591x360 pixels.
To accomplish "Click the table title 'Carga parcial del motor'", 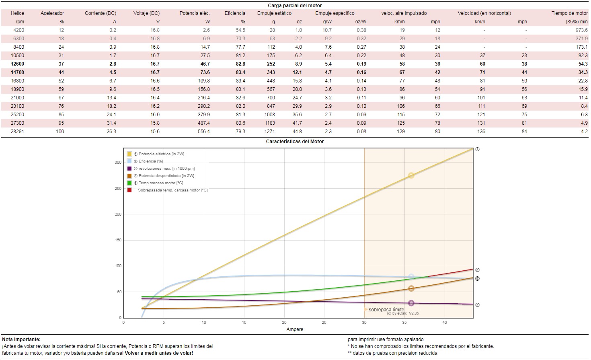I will [x=295, y=6].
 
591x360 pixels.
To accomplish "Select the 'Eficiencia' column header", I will [x=235, y=13].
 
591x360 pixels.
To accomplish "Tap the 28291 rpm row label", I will [x=17, y=132].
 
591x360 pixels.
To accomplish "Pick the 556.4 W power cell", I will [x=203, y=132].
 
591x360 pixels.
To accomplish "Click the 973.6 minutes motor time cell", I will [x=581, y=30].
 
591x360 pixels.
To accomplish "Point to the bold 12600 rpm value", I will [x=17, y=64].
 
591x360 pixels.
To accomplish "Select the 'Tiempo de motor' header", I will [x=569, y=13].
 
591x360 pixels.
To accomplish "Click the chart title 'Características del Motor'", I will [x=295, y=142].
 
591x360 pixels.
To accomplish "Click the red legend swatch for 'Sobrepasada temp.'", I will [x=129, y=190].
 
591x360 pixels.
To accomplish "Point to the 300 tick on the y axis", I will [x=118, y=163].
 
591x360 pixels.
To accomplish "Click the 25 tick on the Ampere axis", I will [x=324, y=323].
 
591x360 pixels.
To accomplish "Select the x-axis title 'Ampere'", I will [x=295, y=329].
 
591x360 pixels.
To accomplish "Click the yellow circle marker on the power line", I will [x=411, y=175].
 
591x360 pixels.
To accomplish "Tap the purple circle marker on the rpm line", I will [x=411, y=303].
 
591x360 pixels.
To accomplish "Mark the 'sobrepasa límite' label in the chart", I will [x=386, y=310].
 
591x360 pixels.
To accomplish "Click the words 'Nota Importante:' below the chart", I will [x=21, y=339].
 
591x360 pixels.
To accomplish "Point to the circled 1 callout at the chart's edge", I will [x=477, y=149].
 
